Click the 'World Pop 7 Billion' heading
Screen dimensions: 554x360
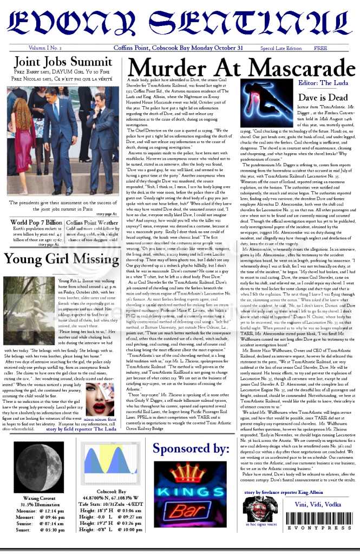(37, 223)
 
